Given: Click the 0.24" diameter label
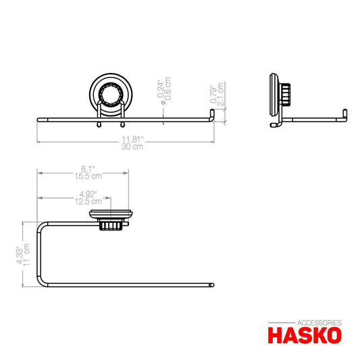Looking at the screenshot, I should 160,90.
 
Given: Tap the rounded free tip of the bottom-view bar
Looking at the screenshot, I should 213,285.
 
